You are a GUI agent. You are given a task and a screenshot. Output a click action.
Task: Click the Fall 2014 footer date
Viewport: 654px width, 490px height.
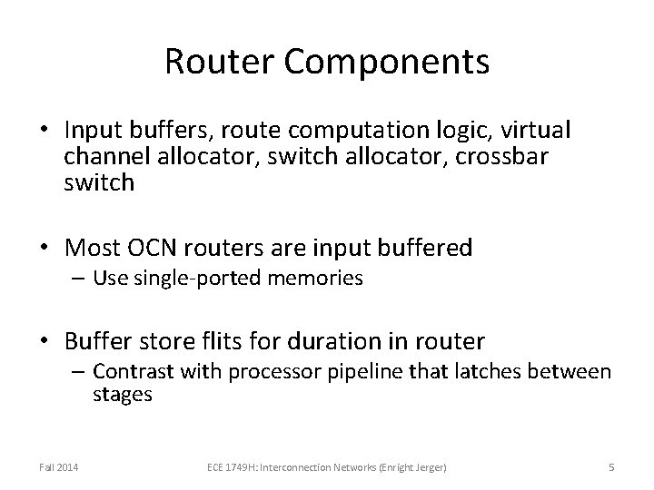(58, 466)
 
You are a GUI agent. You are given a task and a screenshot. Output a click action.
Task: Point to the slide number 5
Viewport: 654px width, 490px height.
(611, 466)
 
